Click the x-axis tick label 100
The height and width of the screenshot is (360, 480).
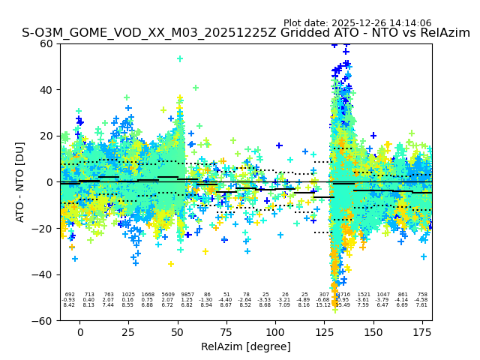point(275,332)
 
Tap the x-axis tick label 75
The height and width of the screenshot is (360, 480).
point(226,332)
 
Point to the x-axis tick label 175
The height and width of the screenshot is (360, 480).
point(422,332)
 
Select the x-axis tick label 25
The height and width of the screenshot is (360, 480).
point(129,332)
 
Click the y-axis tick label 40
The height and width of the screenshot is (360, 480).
point(45,89)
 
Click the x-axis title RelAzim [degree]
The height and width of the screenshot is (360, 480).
point(245,346)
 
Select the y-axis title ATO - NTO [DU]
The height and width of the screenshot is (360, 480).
point(20,182)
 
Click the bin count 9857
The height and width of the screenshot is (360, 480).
point(187,295)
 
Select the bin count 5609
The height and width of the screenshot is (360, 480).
point(168,295)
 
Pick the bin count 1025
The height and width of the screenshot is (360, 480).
point(128,295)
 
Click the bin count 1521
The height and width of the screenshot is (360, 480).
point(364,295)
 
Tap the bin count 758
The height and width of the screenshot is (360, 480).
point(422,295)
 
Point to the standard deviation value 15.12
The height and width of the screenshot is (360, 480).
point(324,305)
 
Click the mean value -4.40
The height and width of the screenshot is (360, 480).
point(226,300)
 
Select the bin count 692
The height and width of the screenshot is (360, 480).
point(70,295)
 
